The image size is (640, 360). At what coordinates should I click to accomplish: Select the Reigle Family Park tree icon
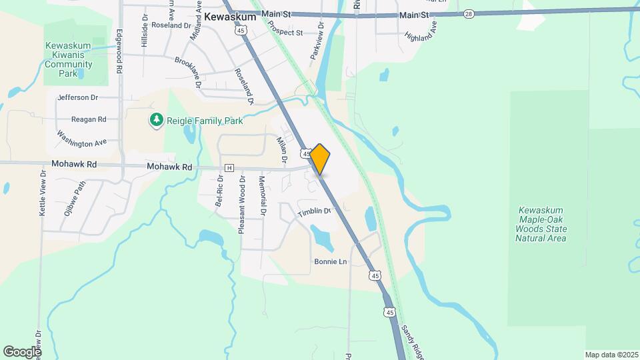pyautogui.click(x=156, y=120)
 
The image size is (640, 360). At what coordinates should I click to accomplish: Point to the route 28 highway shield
pyautogui.click(x=469, y=13)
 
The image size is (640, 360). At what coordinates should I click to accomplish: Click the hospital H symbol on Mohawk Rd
pyautogui.click(x=229, y=167)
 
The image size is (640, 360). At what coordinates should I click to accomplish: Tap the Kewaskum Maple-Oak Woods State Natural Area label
pyautogui.click(x=541, y=224)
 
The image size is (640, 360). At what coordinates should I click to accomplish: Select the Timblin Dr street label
pyautogui.click(x=314, y=211)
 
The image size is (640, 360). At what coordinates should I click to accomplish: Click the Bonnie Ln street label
pyautogui.click(x=331, y=262)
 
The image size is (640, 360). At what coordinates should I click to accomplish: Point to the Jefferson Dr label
pyautogui.click(x=78, y=97)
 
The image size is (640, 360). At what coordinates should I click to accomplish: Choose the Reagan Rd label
pyautogui.click(x=89, y=119)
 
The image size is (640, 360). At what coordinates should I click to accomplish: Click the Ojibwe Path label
pyautogui.click(x=74, y=197)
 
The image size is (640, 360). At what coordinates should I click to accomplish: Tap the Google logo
pyautogui.click(x=22, y=351)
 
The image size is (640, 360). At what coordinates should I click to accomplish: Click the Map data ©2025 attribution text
pyautogui.click(x=610, y=355)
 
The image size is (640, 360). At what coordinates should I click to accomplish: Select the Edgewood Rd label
pyautogui.click(x=120, y=50)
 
